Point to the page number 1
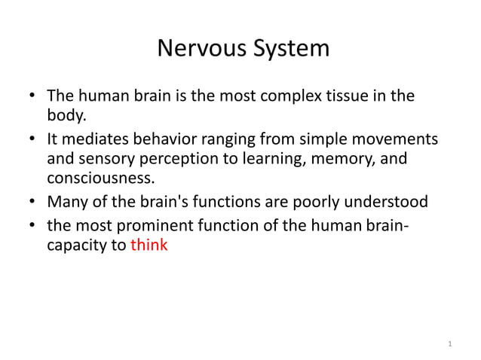449,344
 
